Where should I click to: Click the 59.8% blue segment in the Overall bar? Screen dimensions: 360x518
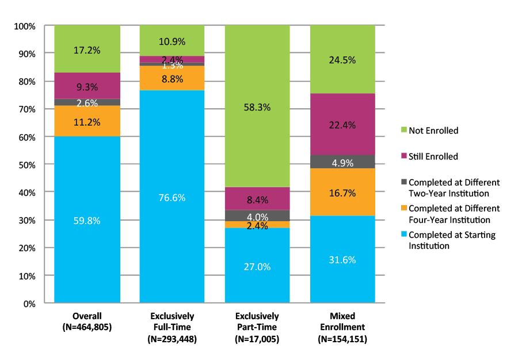(x=87, y=219)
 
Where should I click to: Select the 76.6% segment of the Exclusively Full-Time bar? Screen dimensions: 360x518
(x=172, y=196)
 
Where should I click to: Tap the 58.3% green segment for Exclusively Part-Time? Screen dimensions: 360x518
(x=257, y=107)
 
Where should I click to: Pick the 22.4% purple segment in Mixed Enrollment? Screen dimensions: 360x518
(x=342, y=124)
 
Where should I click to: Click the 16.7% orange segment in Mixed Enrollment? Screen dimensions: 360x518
(x=342, y=192)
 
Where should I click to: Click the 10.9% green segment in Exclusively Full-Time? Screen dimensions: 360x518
(x=172, y=41)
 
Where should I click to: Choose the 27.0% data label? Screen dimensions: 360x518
(x=257, y=267)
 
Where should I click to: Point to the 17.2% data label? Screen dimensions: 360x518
(x=87, y=50)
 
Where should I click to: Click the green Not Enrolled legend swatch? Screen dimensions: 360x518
(x=403, y=131)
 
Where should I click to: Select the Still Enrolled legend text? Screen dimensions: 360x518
(x=433, y=156)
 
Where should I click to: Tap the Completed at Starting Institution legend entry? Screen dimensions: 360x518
(x=452, y=240)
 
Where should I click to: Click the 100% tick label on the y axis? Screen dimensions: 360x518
(x=25, y=26)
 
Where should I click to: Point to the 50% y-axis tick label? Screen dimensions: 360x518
(x=26, y=165)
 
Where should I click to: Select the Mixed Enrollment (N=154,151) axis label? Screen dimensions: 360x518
(x=342, y=328)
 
